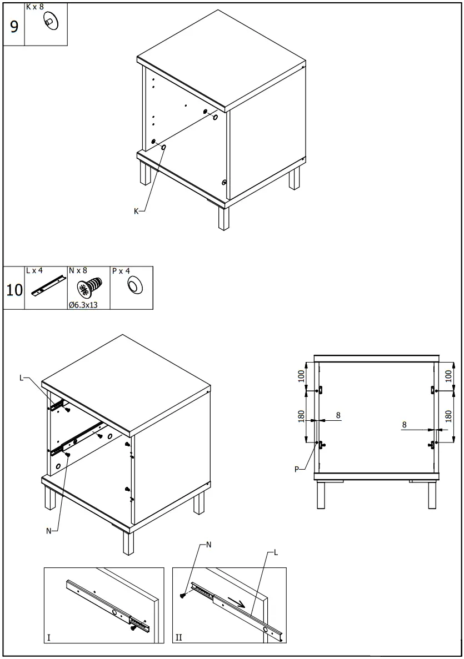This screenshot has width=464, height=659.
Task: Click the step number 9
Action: [x=14, y=26]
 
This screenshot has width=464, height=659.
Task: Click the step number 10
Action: [x=14, y=289]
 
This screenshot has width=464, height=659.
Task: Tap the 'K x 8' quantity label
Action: [x=34, y=7]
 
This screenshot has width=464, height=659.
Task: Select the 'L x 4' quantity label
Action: [x=34, y=270]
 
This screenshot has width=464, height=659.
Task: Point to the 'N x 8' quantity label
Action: [x=78, y=270]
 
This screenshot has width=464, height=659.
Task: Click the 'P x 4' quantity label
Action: [x=121, y=270]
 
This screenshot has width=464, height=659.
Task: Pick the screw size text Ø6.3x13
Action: [x=83, y=305]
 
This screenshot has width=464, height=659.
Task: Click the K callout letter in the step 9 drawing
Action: [x=136, y=211]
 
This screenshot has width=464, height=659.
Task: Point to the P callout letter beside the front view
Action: [x=297, y=469]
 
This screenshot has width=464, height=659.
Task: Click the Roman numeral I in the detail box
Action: [x=49, y=637]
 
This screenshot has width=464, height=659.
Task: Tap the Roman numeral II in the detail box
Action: [x=178, y=637]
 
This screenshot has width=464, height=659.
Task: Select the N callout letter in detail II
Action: [x=208, y=545]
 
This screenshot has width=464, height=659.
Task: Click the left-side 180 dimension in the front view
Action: [x=301, y=416]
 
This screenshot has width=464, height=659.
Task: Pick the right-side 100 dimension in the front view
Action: [x=449, y=376]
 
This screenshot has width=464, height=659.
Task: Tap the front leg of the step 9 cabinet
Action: [x=223, y=218]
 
